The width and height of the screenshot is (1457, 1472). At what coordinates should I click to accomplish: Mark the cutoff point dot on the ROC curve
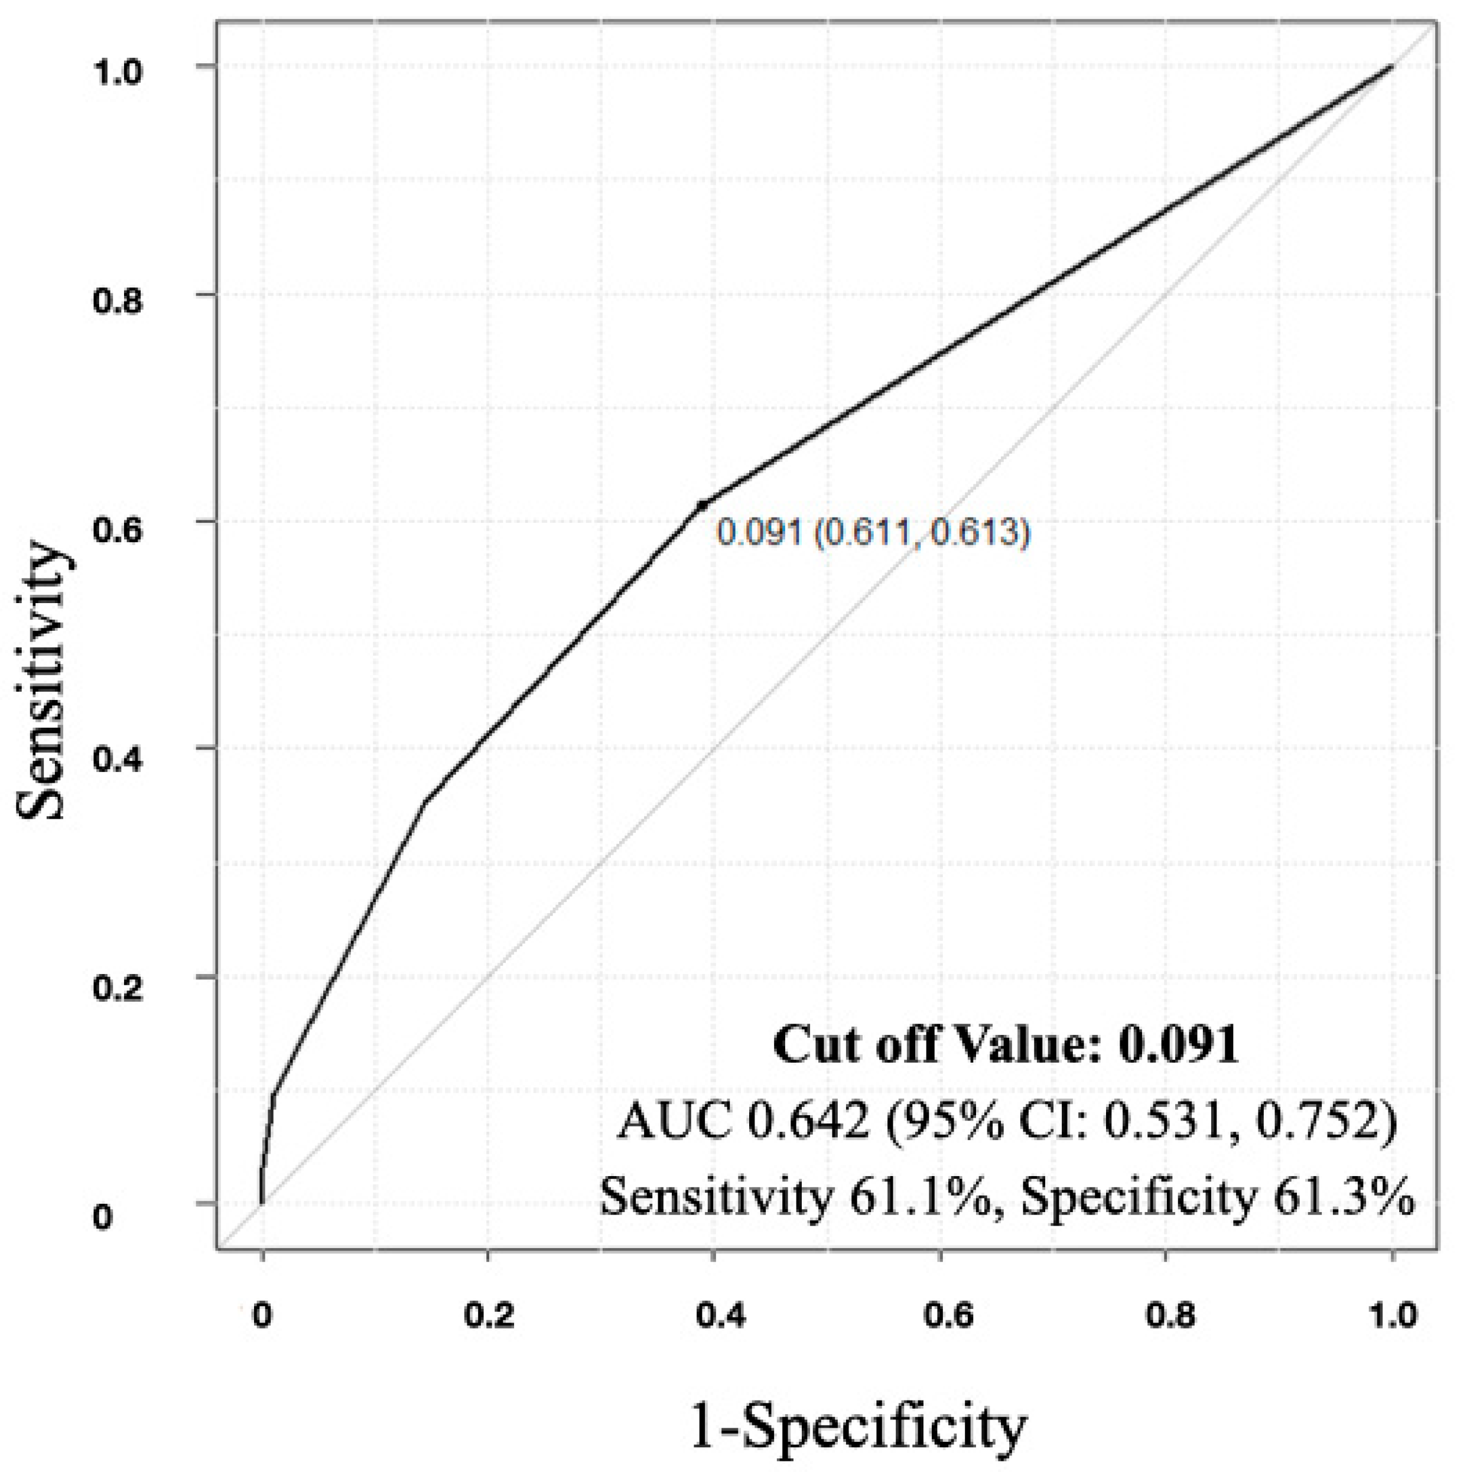click(x=702, y=504)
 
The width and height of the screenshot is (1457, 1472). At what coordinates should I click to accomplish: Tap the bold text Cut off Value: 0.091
click(x=1005, y=1046)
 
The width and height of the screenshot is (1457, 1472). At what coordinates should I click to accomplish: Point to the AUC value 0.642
click(x=808, y=1122)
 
